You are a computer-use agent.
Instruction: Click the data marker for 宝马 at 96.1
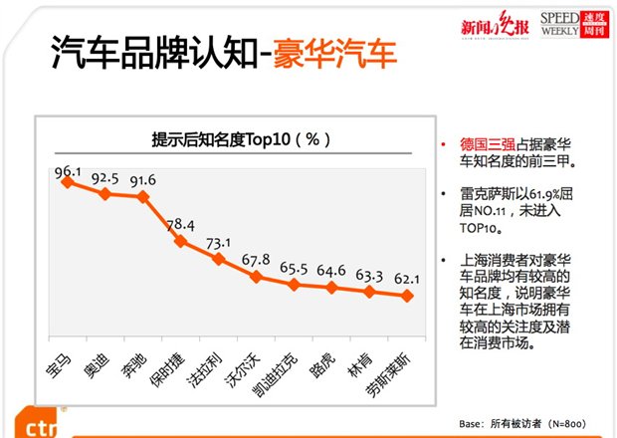67,181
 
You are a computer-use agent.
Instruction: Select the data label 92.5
104,179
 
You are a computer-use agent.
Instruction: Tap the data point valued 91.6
142,180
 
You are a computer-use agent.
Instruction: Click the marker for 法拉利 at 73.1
218,258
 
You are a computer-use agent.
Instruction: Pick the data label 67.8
256,261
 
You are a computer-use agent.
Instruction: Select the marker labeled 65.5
294,285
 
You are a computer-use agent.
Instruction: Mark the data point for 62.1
407,296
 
